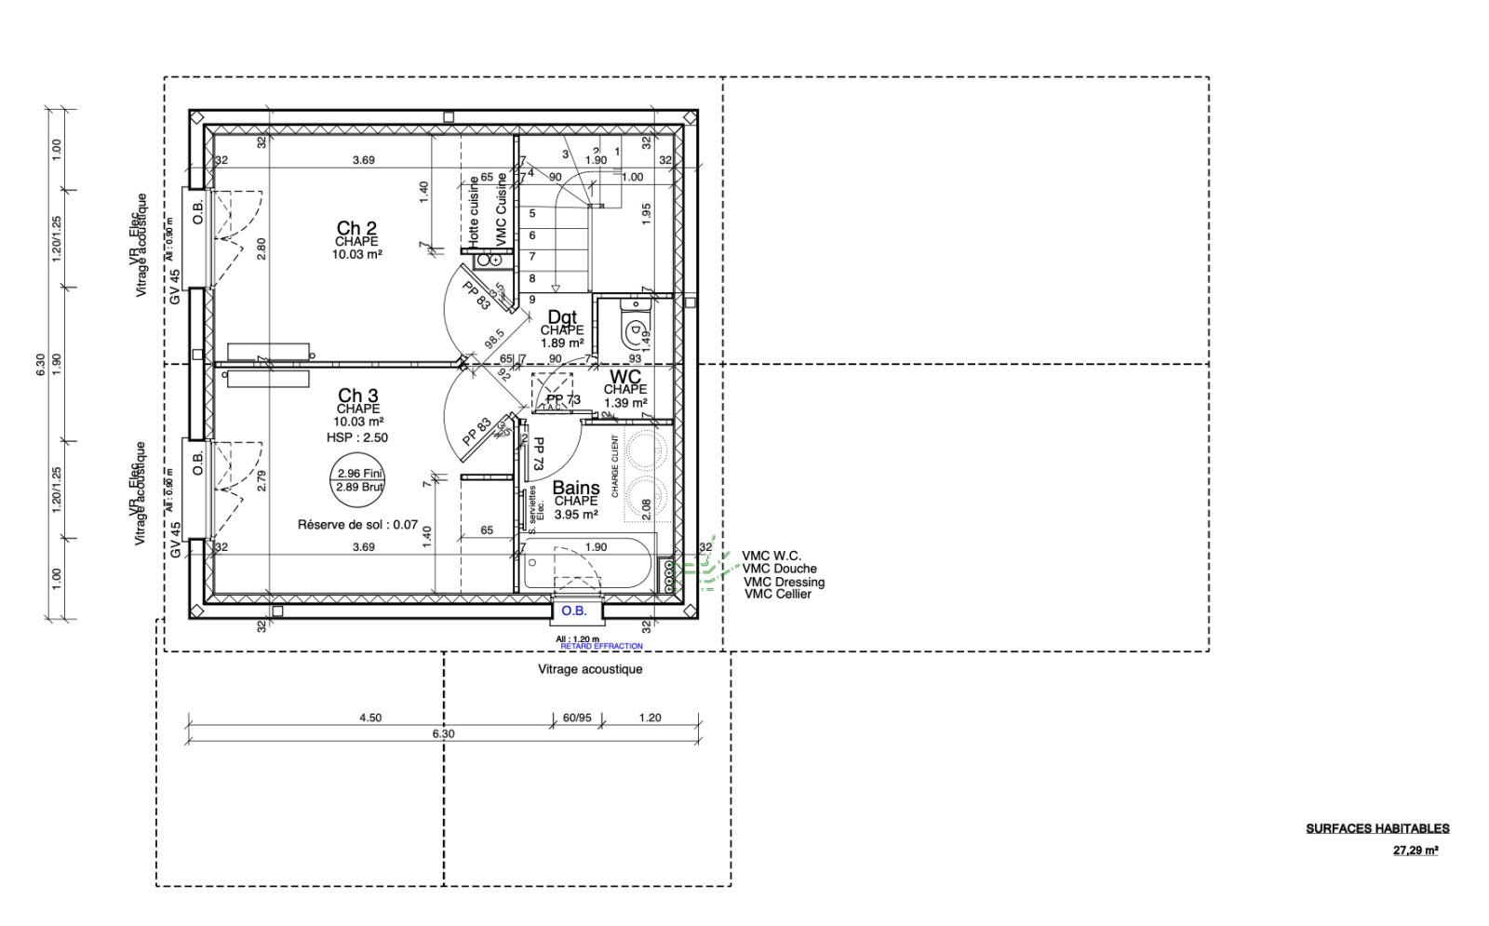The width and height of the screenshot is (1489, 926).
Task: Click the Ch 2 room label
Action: point(356,228)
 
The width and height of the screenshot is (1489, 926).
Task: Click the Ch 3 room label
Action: point(357,396)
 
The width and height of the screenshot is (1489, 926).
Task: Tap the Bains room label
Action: point(576,488)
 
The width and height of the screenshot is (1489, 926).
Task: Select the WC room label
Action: point(625,377)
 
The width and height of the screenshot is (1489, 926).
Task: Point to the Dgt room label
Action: point(562,317)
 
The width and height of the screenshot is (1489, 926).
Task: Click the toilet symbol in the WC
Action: point(635,327)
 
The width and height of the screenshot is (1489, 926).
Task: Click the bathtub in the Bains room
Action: point(586,564)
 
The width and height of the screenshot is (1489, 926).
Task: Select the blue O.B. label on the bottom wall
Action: point(574,611)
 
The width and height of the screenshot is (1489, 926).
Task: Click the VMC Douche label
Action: point(780,569)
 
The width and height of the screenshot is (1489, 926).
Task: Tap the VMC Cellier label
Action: point(778,594)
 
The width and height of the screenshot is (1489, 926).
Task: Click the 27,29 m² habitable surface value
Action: point(1415,850)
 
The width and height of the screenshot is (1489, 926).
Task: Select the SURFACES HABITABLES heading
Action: point(1377,828)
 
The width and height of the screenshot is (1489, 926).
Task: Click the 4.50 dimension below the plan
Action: point(370,718)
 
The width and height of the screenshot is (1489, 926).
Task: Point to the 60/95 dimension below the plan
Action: point(577,718)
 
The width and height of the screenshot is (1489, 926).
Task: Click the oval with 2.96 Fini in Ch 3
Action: point(359,480)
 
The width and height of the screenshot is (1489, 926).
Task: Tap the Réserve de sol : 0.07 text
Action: point(357,525)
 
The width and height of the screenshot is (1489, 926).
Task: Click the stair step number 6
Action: point(532,235)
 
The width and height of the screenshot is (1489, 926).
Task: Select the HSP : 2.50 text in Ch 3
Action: point(357,437)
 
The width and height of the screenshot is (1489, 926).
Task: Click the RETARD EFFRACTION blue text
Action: point(601,646)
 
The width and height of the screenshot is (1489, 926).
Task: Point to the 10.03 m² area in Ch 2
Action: point(357,254)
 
